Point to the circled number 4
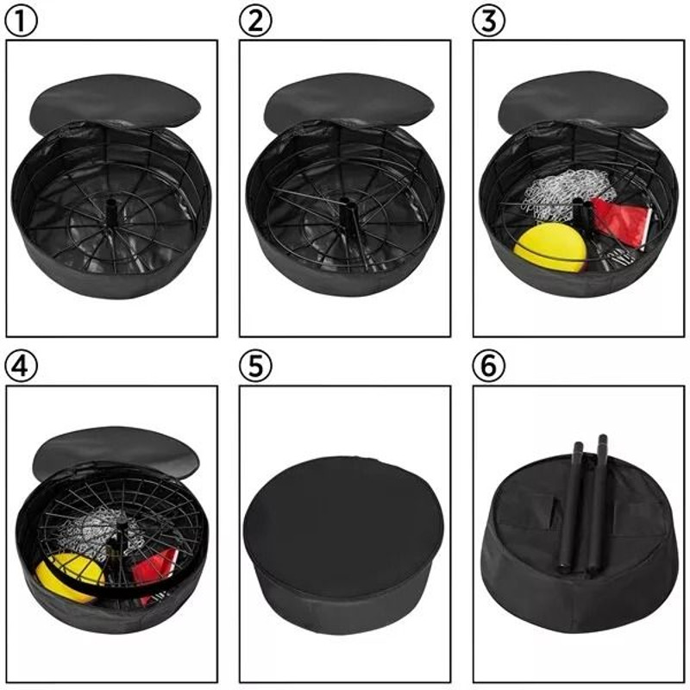(x=22, y=366)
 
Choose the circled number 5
(x=254, y=366)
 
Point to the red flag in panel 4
(x=155, y=569)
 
